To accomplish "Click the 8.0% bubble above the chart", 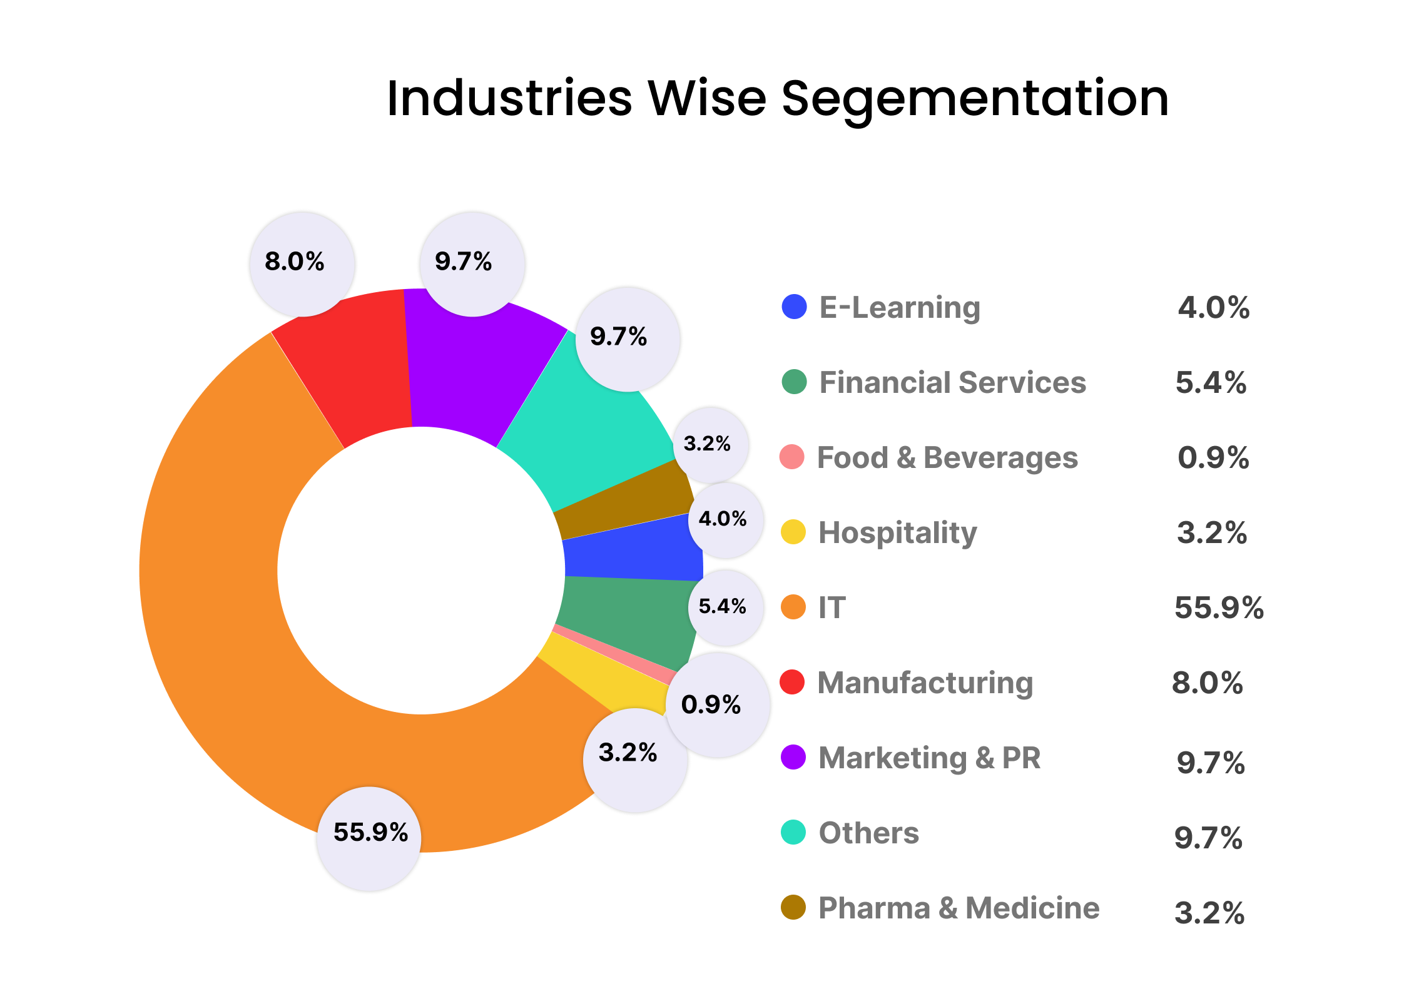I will pos(302,263).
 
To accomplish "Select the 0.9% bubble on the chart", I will pos(717,705).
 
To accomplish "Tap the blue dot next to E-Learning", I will pos(794,307).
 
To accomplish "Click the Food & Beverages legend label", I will pos(947,457).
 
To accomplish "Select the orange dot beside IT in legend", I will pos(793,607).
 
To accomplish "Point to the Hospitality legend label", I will pos(897,533).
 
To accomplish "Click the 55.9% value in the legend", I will pos(1218,607).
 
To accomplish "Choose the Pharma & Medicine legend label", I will pos(959,908).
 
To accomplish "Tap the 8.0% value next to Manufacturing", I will pos(1207,683).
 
